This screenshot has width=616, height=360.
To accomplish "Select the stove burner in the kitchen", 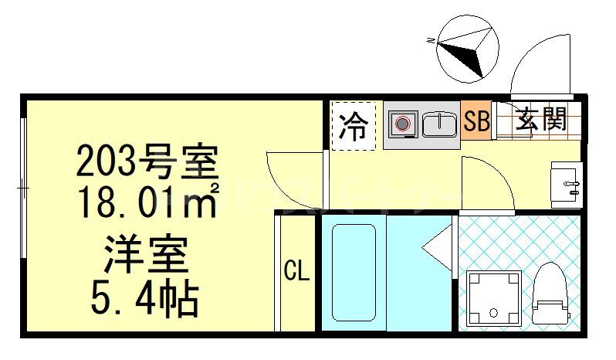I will (x=402, y=123).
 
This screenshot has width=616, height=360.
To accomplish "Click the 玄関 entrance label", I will (x=541, y=119).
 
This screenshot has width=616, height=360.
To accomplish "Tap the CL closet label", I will (x=296, y=271).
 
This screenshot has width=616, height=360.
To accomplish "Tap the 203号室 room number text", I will (x=147, y=163).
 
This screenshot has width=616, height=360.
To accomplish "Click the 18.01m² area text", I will (x=147, y=202).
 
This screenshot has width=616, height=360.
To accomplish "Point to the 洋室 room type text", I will (x=147, y=255).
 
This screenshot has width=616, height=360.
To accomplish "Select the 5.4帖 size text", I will (x=147, y=297).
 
